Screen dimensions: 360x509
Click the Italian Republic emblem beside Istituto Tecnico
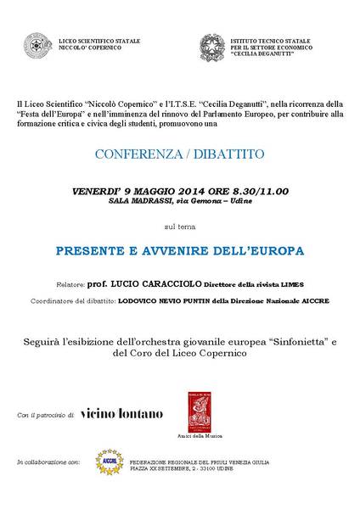pos(211,45)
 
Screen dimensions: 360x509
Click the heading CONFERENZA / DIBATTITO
pos(179,155)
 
